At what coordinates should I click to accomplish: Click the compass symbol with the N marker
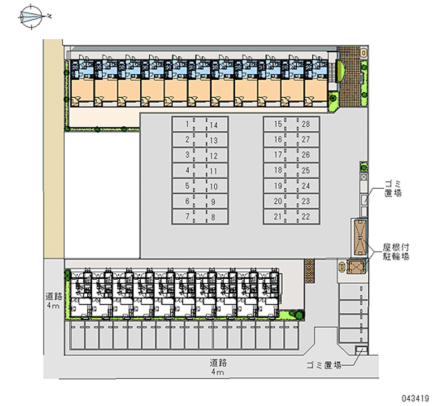click(x=31, y=17)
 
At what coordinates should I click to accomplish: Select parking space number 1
click(x=183, y=124)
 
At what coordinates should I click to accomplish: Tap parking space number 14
click(x=217, y=124)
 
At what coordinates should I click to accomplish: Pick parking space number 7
click(x=183, y=217)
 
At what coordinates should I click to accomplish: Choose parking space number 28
click(x=309, y=124)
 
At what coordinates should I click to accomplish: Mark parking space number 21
click(x=274, y=217)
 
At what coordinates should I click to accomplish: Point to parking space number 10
click(x=217, y=186)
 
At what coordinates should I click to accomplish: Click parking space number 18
click(x=274, y=170)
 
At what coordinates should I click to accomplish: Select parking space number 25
click(x=309, y=170)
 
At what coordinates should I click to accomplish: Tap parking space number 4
click(x=183, y=170)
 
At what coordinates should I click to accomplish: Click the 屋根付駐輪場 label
click(x=396, y=251)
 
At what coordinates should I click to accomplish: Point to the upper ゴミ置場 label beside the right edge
click(x=393, y=188)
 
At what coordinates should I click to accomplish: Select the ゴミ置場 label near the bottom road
click(x=324, y=365)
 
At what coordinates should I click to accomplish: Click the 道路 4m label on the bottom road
click(x=218, y=367)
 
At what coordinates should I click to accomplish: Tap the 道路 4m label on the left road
click(x=54, y=301)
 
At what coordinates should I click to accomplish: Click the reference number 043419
click(x=415, y=398)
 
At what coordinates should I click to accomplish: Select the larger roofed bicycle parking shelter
click(x=360, y=237)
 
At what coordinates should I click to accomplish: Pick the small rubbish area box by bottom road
click(x=362, y=350)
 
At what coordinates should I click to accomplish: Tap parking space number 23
click(x=309, y=201)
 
